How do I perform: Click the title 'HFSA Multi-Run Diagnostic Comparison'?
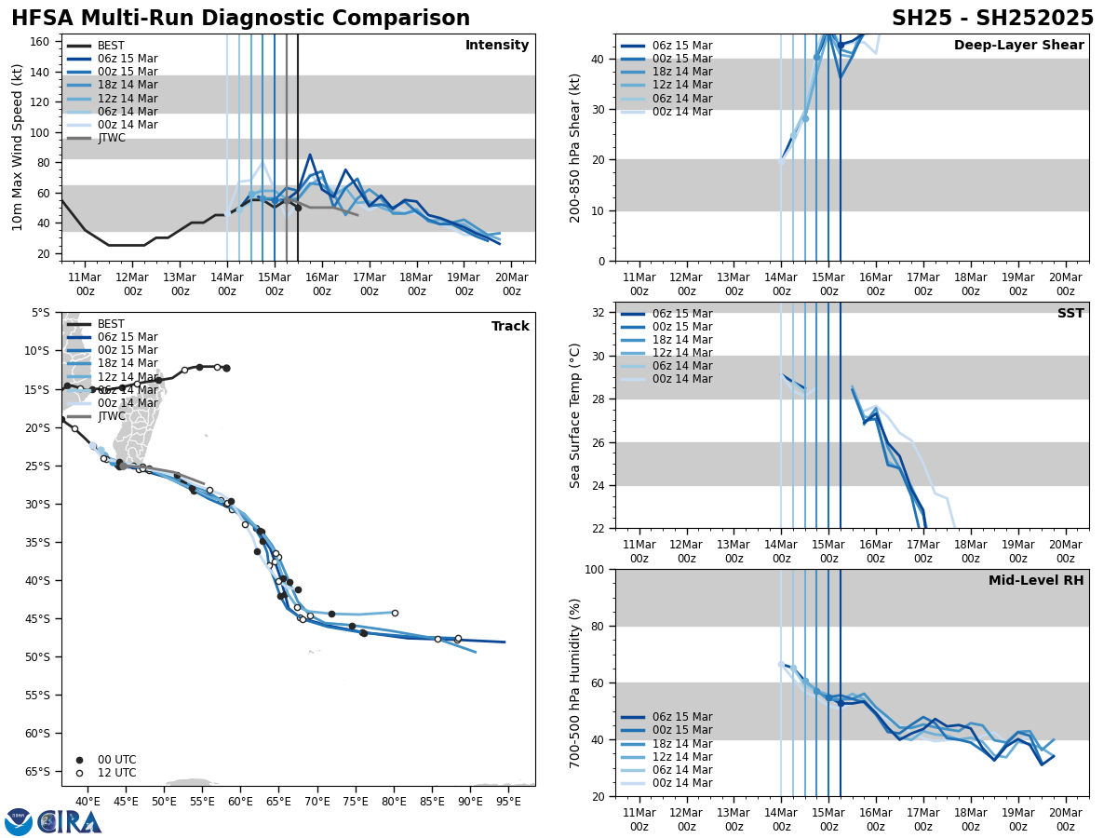[240, 19]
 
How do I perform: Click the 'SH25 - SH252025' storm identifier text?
[992, 19]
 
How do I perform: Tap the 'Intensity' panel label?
[496, 46]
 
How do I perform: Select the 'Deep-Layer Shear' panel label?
[1018, 46]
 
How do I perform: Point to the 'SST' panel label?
[1070, 314]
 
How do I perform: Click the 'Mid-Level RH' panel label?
[1036, 581]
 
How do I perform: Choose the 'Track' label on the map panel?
[510, 327]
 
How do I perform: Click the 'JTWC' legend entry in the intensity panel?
[112, 138]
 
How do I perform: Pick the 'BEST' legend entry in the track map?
[111, 324]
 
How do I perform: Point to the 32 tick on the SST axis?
[600, 313]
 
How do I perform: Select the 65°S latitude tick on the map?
[38, 772]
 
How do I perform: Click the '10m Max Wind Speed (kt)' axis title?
[17, 147]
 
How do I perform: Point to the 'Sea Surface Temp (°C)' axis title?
[575, 415]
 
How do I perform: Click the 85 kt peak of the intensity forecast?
[310, 155]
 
